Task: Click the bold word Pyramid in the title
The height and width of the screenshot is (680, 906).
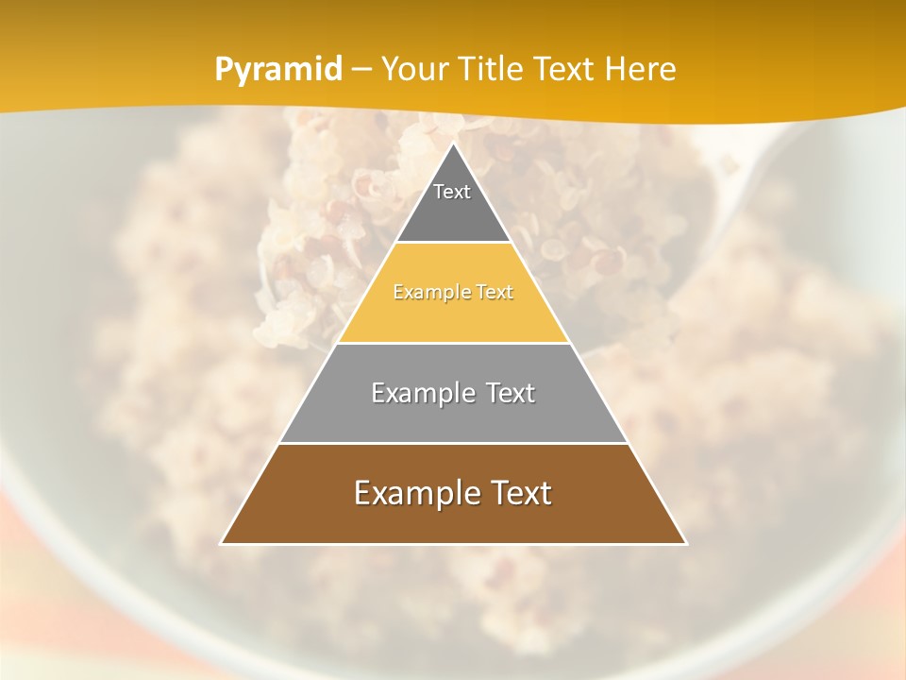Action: [x=278, y=69]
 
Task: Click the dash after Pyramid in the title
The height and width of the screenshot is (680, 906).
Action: [x=361, y=69]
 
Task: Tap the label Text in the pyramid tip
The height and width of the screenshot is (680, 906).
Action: [x=452, y=192]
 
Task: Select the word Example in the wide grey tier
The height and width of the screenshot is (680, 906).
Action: [x=420, y=393]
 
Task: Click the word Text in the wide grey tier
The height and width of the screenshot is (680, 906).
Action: [x=511, y=393]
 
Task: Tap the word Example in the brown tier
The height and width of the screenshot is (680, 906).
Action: [x=416, y=493]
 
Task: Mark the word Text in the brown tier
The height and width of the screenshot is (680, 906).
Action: [x=520, y=493]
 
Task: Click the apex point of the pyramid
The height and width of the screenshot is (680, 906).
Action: [x=453, y=144]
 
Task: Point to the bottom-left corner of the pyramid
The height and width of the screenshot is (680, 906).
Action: [x=222, y=543]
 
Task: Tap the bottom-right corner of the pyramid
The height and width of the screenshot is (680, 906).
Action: [x=685, y=543]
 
